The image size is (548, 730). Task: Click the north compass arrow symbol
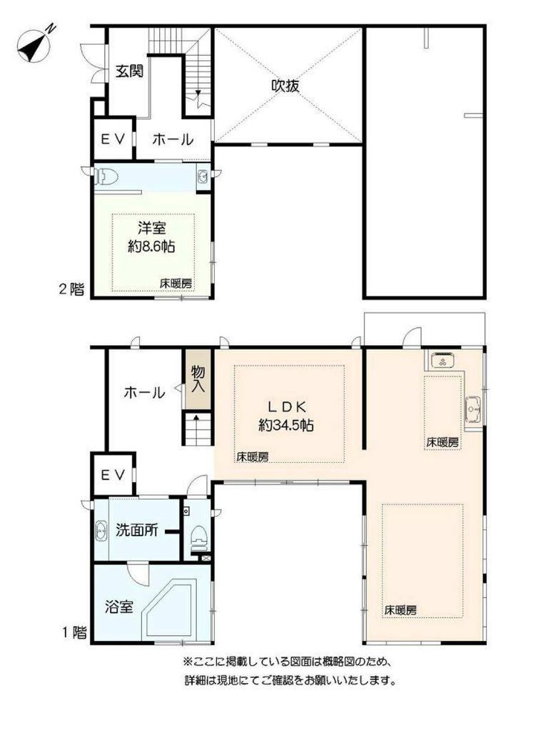[34, 45]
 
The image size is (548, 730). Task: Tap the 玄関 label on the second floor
[129, 71]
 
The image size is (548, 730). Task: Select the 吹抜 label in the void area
[285, 86]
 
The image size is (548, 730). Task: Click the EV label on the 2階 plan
[113, 139]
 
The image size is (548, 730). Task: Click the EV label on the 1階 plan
[113, 475]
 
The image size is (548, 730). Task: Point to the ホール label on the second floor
[173, 139]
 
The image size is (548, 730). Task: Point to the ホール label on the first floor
[144, 393]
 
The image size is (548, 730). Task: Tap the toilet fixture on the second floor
[106, 177]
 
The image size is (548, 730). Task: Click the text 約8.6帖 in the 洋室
[152, 246]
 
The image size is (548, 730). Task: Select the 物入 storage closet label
[198, 380]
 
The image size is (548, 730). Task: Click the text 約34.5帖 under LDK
[286, 425]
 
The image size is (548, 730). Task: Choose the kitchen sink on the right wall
[474, 408]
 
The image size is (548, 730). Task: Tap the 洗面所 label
[136, 530]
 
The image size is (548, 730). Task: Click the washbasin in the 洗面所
[101, 531]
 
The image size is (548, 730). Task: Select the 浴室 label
[119, 607]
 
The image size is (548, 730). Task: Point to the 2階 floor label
[72, 289]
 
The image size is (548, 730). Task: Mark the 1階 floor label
[74, 633]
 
